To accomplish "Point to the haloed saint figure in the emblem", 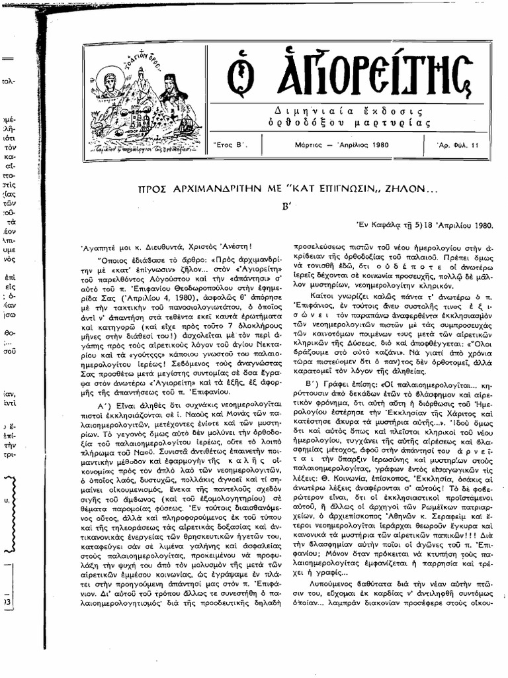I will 110,82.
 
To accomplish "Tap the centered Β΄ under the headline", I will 287,205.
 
